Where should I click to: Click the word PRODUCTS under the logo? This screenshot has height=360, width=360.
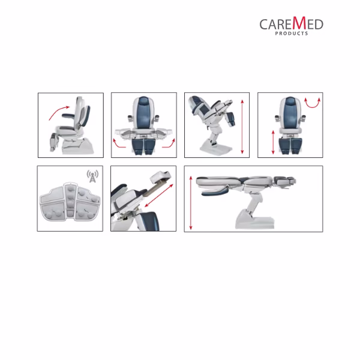point(292,34)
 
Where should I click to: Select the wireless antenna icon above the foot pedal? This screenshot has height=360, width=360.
point(92,176)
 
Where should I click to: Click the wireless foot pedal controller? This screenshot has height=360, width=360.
point(70,202)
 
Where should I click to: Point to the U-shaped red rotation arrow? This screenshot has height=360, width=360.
point(312,104)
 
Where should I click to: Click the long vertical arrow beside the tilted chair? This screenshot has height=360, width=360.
point(242,127)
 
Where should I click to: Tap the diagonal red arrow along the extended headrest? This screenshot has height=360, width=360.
point(159,196)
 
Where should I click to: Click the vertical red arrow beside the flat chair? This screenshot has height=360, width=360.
point(191,203)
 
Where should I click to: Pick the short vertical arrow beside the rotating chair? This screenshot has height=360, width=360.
point(273,142)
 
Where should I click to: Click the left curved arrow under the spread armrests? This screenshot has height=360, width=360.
point(119,143)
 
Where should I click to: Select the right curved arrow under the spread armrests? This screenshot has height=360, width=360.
point(169,143)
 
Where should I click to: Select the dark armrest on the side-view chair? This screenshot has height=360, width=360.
point(68,115)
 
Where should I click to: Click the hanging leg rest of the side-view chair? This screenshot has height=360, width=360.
point(54,142)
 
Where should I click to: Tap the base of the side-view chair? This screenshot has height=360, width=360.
point(77,146)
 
